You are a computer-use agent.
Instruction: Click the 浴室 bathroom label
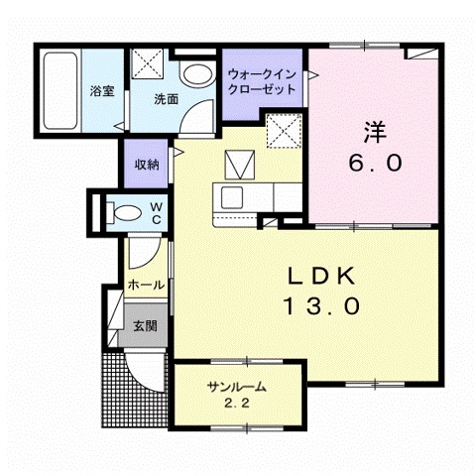tap(101, 91)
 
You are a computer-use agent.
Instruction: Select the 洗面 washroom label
tap(166, 99)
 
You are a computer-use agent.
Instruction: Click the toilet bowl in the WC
tap(124, 211)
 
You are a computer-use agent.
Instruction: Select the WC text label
tap(156, 212)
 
